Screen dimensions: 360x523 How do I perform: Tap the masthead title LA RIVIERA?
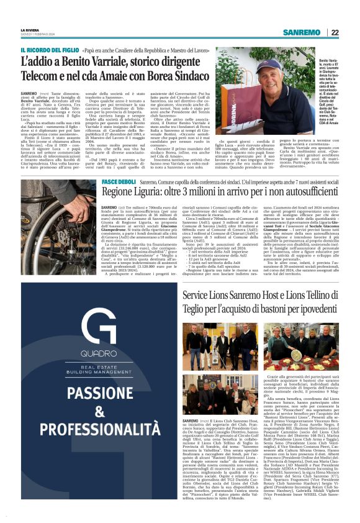point(30,30)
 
